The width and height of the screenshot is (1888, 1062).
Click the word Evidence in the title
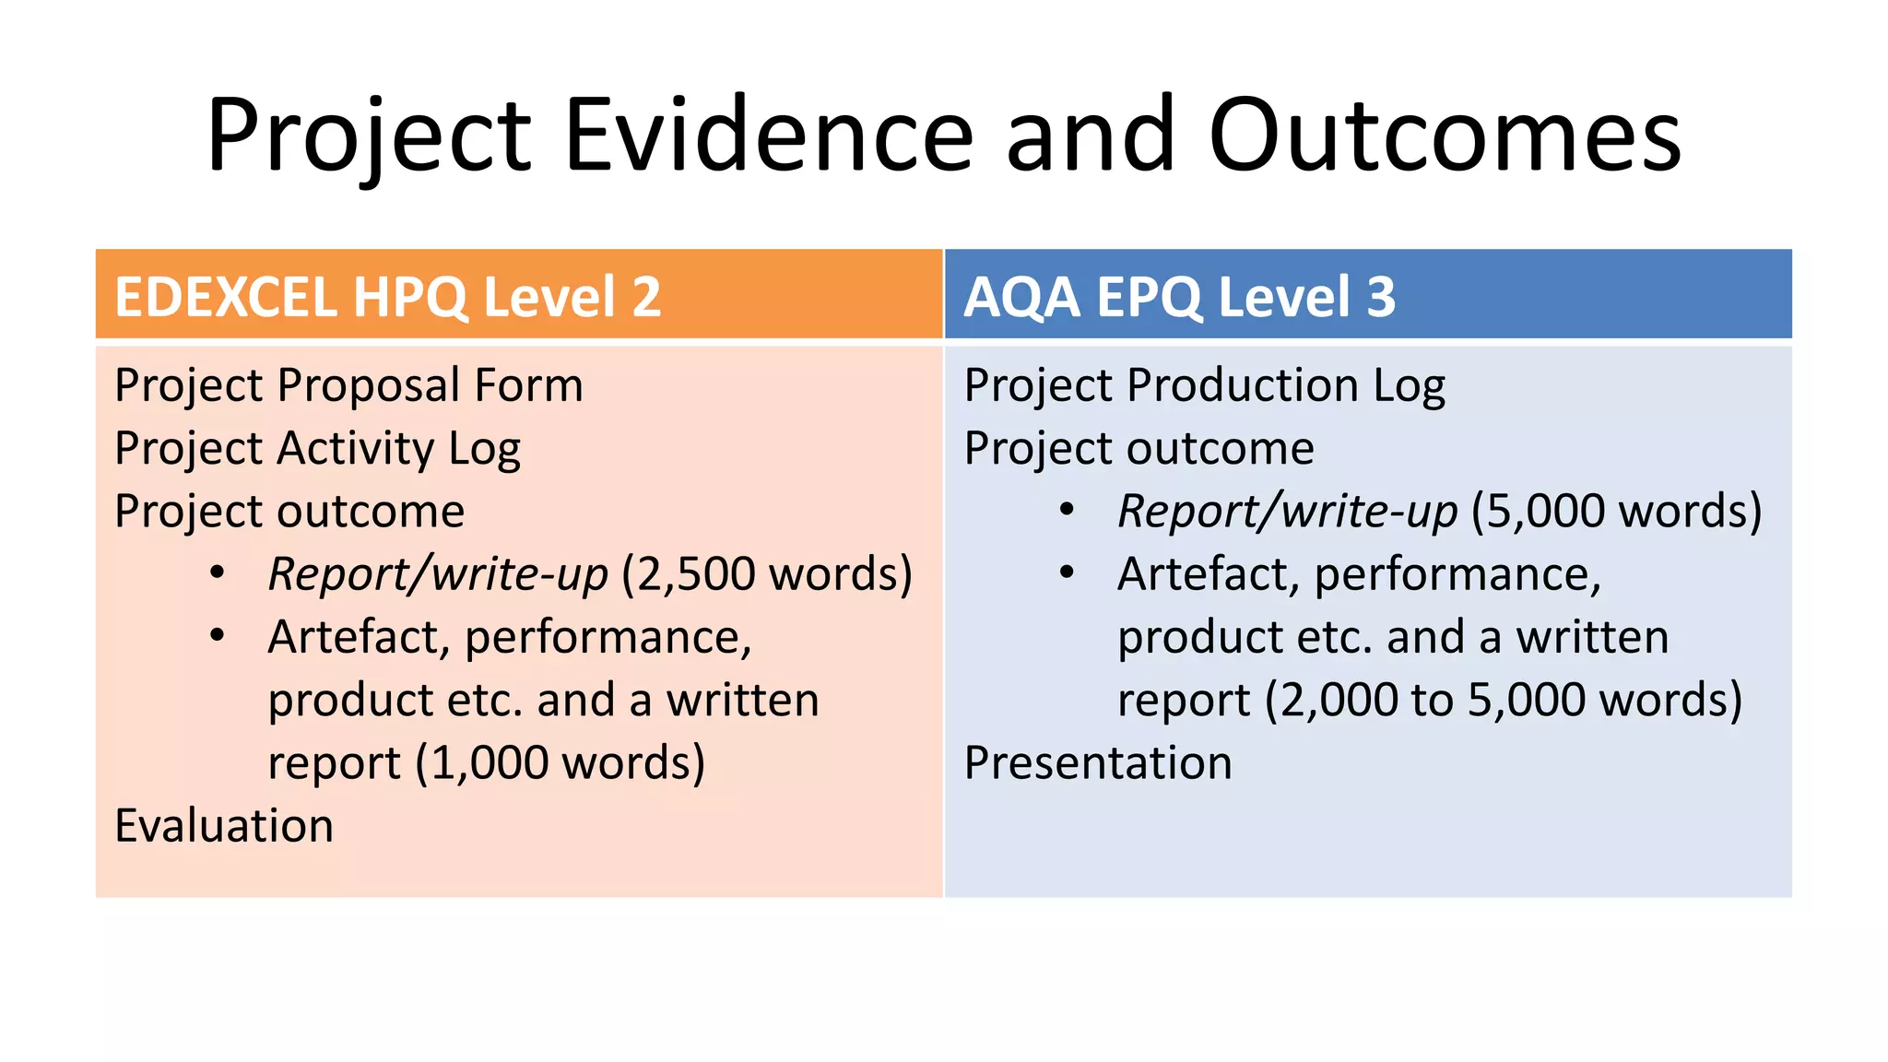point(768,136)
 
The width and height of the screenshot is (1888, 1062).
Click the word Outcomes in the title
point(1445,136)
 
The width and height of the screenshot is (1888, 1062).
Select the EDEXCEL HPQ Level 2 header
point(387,297)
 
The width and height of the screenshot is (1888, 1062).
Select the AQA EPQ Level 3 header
point(1179,297)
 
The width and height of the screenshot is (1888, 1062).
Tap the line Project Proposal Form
point(348,385)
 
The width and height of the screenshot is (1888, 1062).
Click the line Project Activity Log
point(317,449)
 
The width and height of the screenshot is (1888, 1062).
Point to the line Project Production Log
point(1204,385)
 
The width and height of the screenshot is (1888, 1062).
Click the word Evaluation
point(224,825)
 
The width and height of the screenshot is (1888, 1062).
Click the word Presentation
point(1097,762)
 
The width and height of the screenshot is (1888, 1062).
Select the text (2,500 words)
point(767,574)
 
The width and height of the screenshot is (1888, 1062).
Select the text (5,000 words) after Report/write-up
point(1616,512)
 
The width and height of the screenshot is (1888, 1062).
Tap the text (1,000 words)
point(560,763)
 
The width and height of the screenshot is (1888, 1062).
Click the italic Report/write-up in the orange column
point(438,574)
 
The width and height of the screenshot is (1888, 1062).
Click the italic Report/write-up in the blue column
point(1288,512)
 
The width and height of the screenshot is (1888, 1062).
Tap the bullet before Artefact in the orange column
point(217,635)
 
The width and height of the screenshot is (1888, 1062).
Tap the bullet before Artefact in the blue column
point(1067,572)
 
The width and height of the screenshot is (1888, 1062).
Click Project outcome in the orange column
point(289,512)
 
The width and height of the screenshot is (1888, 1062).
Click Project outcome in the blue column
point(1139,449)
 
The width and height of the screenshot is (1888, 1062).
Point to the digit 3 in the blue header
point(1381,297)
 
